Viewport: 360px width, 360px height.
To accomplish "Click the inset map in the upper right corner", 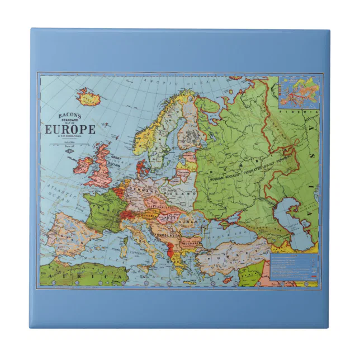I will tap(299, 93).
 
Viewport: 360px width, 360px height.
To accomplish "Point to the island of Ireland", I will tap(84, 164).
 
